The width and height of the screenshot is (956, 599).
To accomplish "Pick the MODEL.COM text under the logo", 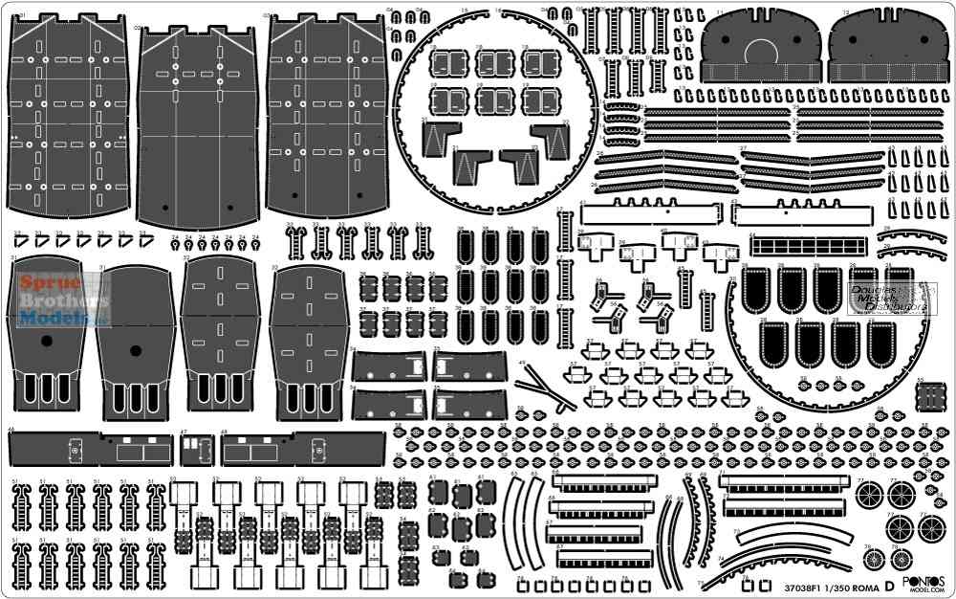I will point(924,591).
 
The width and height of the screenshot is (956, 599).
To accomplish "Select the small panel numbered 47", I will point(196,448).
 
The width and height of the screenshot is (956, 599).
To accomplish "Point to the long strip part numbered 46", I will point(91,448).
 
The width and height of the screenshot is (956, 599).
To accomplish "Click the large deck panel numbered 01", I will point(68,115).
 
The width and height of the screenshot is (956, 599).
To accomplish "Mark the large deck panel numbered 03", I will point(327,115).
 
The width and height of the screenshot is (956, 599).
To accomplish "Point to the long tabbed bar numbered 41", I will point(650,211).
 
